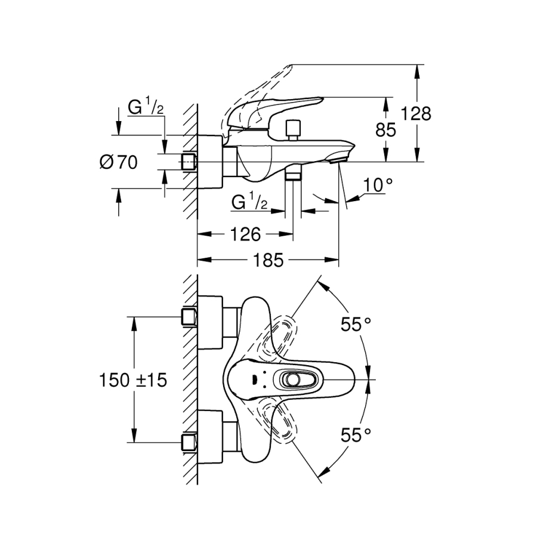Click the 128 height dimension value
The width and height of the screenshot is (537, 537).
tap(416, 113)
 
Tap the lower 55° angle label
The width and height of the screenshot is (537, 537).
tap(356, 435)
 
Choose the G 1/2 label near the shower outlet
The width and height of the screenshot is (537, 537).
tap(249, 202)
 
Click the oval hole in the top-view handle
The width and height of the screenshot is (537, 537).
tap(292, 379)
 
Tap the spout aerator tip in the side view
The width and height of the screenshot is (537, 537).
tap(338, 157)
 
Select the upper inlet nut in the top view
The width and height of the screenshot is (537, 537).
tap(189, 317)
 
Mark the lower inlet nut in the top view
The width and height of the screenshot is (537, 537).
tap(189, 442)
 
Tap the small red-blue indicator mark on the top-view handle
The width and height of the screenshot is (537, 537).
tap(255, 379)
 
